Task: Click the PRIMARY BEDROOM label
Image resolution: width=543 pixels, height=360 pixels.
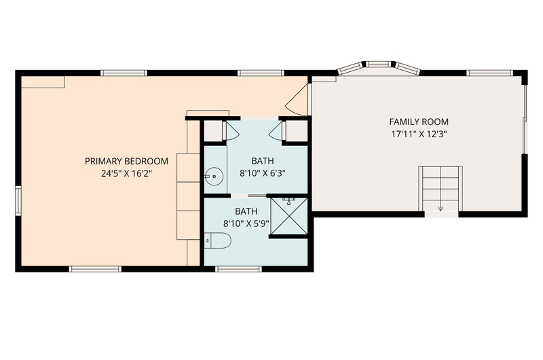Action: click(x=126, y=161)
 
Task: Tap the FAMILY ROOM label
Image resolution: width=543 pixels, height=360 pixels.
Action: click(x=419, y=122)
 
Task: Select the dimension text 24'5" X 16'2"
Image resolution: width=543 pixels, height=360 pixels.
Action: click(x=126, y=173)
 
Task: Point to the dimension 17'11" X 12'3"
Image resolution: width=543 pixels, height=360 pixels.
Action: click(x=419, y=134)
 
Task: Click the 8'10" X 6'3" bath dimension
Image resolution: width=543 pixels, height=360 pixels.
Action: click(x=263, y=173)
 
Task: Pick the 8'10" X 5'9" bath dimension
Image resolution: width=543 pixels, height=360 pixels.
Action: click(x=246, y=223)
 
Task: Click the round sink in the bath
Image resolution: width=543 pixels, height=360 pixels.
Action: click(x=214, y=177)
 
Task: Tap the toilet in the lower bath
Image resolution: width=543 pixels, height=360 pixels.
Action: click(x=217, y=240)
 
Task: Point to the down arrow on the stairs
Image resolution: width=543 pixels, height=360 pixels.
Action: click(x=441, y=207)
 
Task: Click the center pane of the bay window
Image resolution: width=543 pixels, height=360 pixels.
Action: click(x=378, y=64)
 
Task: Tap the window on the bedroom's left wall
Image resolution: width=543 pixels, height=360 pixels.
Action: click(x=18, y=201)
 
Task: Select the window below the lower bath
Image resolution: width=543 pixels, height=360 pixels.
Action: click(x=239, y=269)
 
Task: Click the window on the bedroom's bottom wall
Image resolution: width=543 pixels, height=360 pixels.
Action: click(x=95, y=269)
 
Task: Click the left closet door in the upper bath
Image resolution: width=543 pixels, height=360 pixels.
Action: click(x=231, y=130)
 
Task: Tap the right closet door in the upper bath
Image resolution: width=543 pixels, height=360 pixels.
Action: click(x=277, y=130)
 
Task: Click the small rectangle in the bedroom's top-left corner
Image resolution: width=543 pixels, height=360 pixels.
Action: click(x=43, y=82)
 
